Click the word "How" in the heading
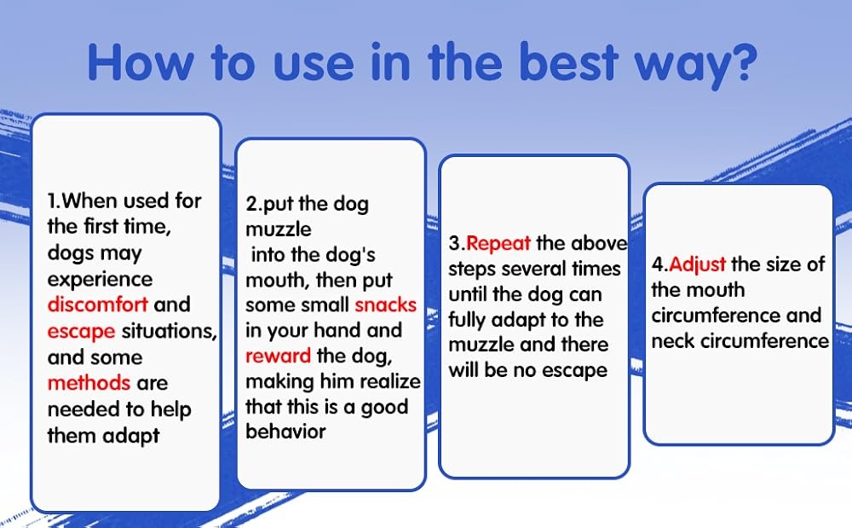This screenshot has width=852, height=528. click(x=141, y=62)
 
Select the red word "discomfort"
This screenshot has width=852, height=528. click(x=98, y=305)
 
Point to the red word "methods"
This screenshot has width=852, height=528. click(x=89, y=383)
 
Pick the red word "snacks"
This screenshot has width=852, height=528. click(x=386, y=305)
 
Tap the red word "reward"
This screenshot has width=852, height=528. click(x=279, y=357)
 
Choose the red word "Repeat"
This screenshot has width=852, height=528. click(x=498, y=244)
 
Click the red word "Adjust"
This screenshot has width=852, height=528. click(x=697, y=265)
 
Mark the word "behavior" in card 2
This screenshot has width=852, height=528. click(x=285, y=432)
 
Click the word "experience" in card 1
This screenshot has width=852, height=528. click(x=100, y=280)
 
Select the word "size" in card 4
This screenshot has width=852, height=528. click(x=784, y=264)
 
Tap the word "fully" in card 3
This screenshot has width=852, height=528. click(x=467, y=320)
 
